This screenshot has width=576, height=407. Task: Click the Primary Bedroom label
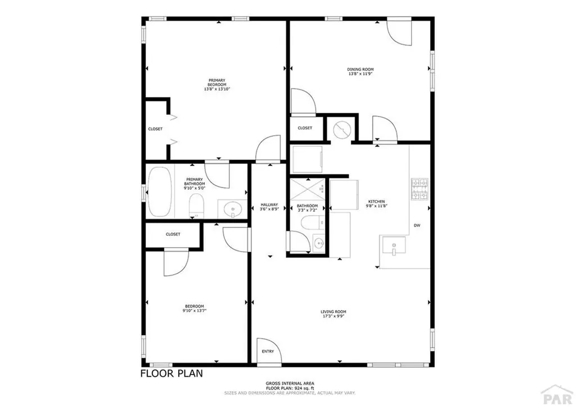tap(217, 82)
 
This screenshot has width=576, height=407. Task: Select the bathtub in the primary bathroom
tap(160, 192)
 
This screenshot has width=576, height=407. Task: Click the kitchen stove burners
tap(420, 190)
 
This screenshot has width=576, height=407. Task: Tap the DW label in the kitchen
tap(417, 225)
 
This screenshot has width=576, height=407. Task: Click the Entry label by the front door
tap(268, 351)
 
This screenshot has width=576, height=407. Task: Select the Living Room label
tap(333, 311)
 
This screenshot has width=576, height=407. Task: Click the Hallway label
tap(269, 205)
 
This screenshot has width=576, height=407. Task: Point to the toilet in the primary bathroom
tap(196, 205)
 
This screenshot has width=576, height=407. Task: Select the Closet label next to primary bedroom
tap(155, 129)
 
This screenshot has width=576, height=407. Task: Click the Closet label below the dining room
tap(305, 128)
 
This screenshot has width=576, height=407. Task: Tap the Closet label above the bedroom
tap(173, 234)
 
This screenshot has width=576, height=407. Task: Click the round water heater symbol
tap(341, 131)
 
